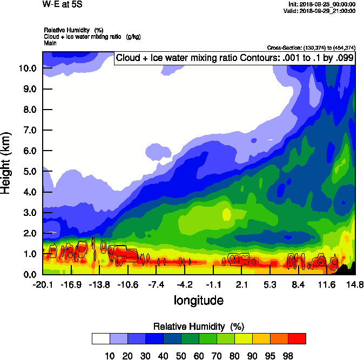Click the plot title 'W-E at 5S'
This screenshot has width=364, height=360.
pos(59,4)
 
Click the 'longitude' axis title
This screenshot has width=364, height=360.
pos(198,300)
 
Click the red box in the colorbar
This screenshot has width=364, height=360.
pos(296,338)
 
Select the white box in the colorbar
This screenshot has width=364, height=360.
pos(101,338)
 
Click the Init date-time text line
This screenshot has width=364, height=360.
pos(322,4)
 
